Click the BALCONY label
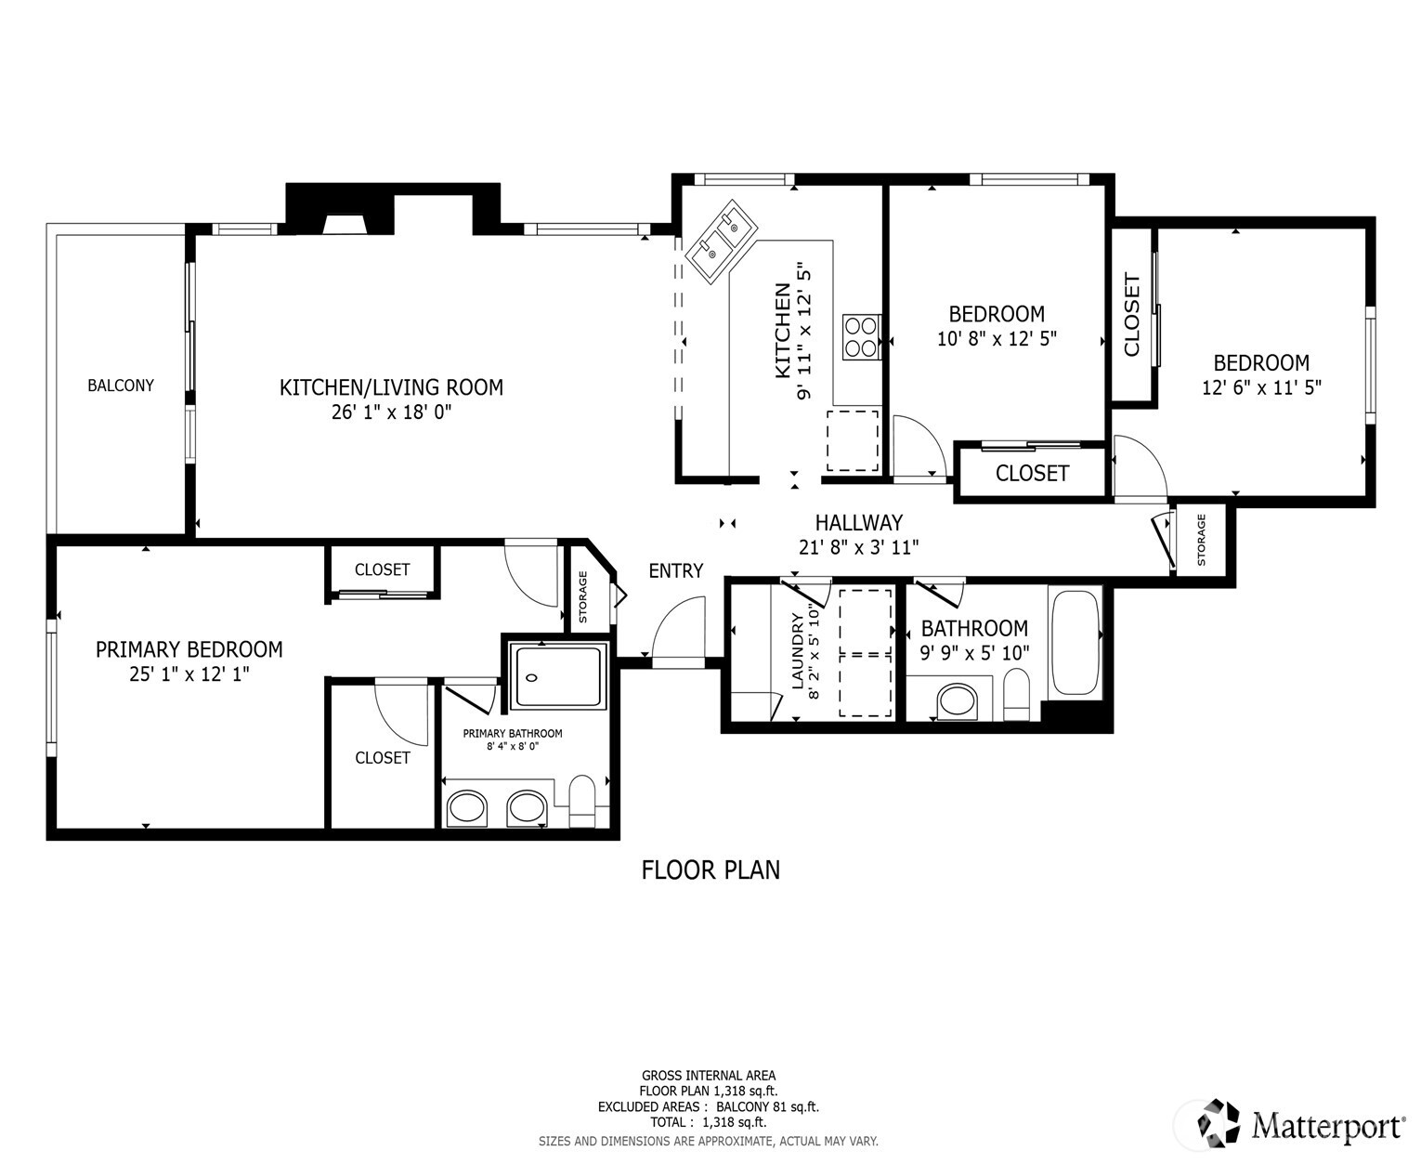[121, 386]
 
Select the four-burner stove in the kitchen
[861, 337]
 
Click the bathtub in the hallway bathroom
[1075, 643]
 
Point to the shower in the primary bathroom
[558, 677]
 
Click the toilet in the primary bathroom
[582, 800]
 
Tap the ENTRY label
[675, 571]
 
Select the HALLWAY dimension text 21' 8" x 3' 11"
[858, 548]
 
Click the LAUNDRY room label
[797, 650]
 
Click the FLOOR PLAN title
[710, 870]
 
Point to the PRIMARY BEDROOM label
[189, 649]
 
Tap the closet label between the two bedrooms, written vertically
[1131, 314]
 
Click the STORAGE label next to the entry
[583, 597]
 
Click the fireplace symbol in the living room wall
[344, 224]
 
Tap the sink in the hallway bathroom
[956, 700]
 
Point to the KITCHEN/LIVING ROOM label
[391, 387]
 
